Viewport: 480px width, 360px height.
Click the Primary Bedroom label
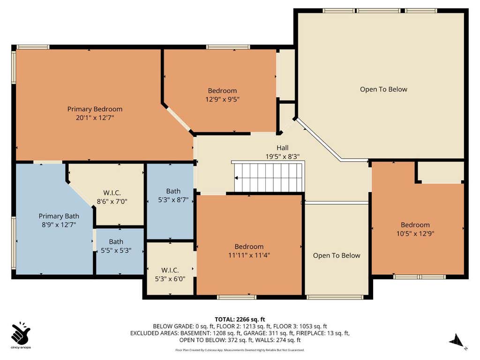pyautogui.click(x=95, y=109)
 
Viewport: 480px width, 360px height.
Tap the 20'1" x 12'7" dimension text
pyautogui.click(x=95, y=118)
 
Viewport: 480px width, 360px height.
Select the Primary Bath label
pyautogui.click(x=59, y=216)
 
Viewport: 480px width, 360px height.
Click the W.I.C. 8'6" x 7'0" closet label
pyautogui.click(x=112, y=197)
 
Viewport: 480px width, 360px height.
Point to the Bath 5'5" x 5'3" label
pyautogui.click(x=116, y=246)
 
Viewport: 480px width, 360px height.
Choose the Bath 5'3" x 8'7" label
pyautogui.click(x=173, y=195)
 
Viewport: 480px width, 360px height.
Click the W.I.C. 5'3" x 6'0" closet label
pyautogui.click(x=170, y=275)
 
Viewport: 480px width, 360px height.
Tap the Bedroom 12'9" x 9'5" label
pyautogui.click(x=222, y=95)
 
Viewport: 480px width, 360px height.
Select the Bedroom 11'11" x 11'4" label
pyautogui.click(x=249, y=251)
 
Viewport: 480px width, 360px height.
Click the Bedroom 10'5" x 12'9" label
pyautogui.click(x=415, y=229)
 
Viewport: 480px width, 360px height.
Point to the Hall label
pyautogui.click(x=283, y=148)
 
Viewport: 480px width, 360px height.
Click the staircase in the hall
pyautogui.click(x=268, y=177)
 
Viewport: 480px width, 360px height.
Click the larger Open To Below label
pyautogui.click(x=383, y=90)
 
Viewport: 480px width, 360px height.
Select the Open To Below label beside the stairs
pyautogui.click(x=337, y=255)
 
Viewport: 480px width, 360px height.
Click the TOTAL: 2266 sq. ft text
pyautogui.click(x=240, y=320)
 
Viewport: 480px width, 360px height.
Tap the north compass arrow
pyautogui.click(x=457, y=340)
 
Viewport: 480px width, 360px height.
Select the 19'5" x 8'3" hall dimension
pyautogui.click(x=283, y=157)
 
